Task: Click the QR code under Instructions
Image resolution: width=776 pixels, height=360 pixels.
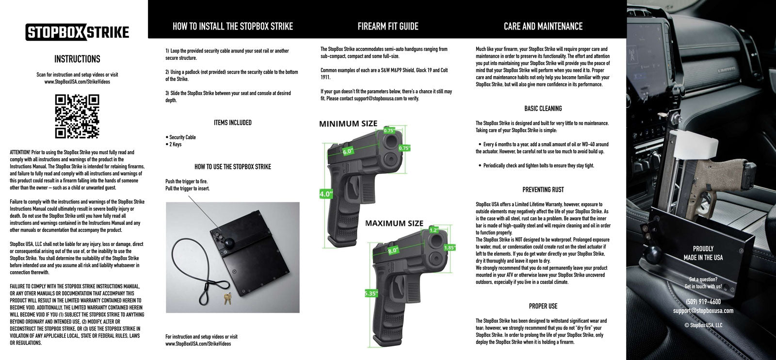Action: point(77,116)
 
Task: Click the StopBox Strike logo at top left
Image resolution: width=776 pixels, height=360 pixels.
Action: point(77,32)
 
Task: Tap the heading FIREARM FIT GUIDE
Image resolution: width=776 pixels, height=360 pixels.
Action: point(388,26)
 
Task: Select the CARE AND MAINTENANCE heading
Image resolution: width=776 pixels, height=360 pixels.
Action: point(543,26)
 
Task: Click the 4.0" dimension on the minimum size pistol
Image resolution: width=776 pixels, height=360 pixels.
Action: point(325,194)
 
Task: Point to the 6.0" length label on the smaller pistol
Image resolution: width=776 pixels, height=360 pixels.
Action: point(348,151)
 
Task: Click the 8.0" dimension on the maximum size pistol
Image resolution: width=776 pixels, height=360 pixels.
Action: point(393,251)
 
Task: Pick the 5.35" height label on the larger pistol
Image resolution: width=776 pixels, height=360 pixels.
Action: point(371,294)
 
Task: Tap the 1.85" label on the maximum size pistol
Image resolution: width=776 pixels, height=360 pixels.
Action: point(449,247)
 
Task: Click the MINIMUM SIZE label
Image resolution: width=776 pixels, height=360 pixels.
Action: point(348,124)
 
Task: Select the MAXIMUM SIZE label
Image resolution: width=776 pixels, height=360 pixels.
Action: point(394,223)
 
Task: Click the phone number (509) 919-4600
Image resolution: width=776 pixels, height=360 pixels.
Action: point(703,302)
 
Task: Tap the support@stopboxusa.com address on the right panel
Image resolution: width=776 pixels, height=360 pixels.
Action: point(703,311)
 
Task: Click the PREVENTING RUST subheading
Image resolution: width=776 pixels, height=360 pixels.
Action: point(543,190)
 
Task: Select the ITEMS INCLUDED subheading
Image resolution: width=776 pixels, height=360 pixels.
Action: point(232,123)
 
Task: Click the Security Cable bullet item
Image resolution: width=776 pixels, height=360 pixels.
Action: point(182,137)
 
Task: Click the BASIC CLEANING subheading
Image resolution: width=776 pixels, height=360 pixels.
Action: point(543,109)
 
